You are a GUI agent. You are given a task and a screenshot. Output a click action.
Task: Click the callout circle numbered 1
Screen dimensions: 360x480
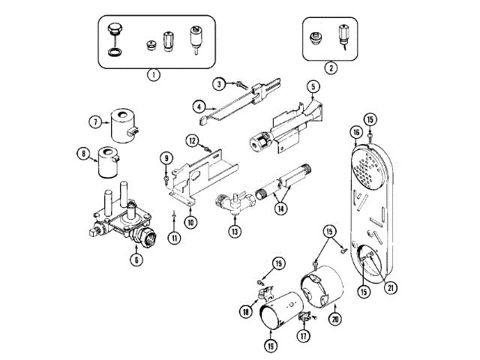pos(153,74)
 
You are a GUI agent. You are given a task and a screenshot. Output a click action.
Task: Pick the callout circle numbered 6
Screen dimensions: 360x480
pos(136,260)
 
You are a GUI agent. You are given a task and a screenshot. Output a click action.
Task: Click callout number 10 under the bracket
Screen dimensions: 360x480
pos(191,222)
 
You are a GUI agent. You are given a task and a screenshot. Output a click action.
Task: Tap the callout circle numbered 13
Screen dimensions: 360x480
pos(235,231)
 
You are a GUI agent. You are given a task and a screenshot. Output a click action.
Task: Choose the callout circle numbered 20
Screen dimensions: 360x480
pos(334,318)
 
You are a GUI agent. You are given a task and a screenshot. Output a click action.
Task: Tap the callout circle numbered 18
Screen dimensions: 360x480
pos(244,310)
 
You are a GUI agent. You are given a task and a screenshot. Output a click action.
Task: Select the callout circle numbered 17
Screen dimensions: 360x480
pos(303,337)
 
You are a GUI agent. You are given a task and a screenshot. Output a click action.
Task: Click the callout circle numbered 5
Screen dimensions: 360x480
pos(313,87)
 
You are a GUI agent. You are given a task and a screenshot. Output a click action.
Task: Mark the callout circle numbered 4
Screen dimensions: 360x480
pos(199,107)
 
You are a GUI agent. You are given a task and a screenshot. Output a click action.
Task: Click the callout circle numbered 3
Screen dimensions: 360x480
pos(219,83)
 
